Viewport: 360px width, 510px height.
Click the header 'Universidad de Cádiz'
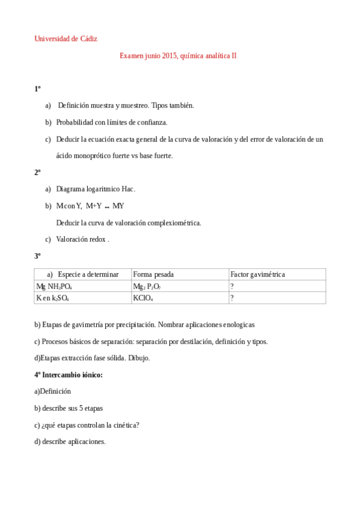pos(66,38)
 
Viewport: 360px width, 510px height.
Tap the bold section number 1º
pos(37,89)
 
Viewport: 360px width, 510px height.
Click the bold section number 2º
pos(37,172)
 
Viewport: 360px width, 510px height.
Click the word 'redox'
pos(97,239)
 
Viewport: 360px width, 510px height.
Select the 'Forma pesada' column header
pos(153,274)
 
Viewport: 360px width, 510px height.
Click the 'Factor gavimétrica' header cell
pos(258,274)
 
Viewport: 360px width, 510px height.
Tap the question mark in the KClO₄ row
pos(232,298)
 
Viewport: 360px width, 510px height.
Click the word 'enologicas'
pos(235,324)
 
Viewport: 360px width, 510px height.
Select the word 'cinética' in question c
pos(124,425)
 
